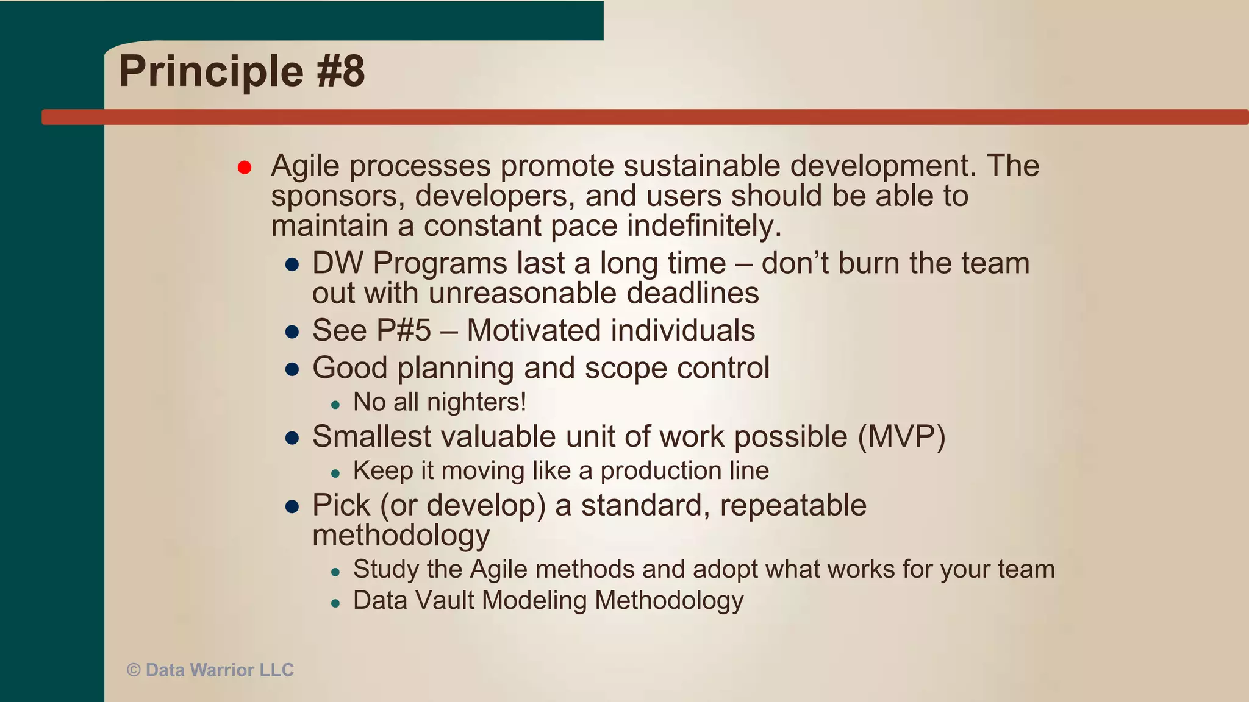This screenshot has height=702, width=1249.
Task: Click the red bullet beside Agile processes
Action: pyautogui.click(x=245, y=168)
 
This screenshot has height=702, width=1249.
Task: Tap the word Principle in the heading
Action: pyautogui.click(x=211, y=71)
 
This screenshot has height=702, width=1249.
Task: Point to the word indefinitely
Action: pyautogui.click(x=704, y=226)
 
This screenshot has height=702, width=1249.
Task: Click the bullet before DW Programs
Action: pyautogui.click(x=292, y=265)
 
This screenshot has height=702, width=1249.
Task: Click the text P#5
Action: pyautogui.click(x=403, y=331)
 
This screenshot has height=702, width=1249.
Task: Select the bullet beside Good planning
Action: pyautogui.click(x=292, y=369)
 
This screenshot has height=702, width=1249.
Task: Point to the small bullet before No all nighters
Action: pyautogui.click(x=335, y=405)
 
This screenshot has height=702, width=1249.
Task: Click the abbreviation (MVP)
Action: pyautogui.click(x=901, y=436)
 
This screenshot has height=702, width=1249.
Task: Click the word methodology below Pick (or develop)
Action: pyautogui.click(x=401, y=536)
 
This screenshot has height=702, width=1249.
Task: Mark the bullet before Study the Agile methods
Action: pyautogui.click(x=335, y=572)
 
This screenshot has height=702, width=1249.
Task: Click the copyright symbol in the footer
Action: pyautogui.click(x=134, y=670)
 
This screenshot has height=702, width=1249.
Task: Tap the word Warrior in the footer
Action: pyautogui.click(x=222, y=670)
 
